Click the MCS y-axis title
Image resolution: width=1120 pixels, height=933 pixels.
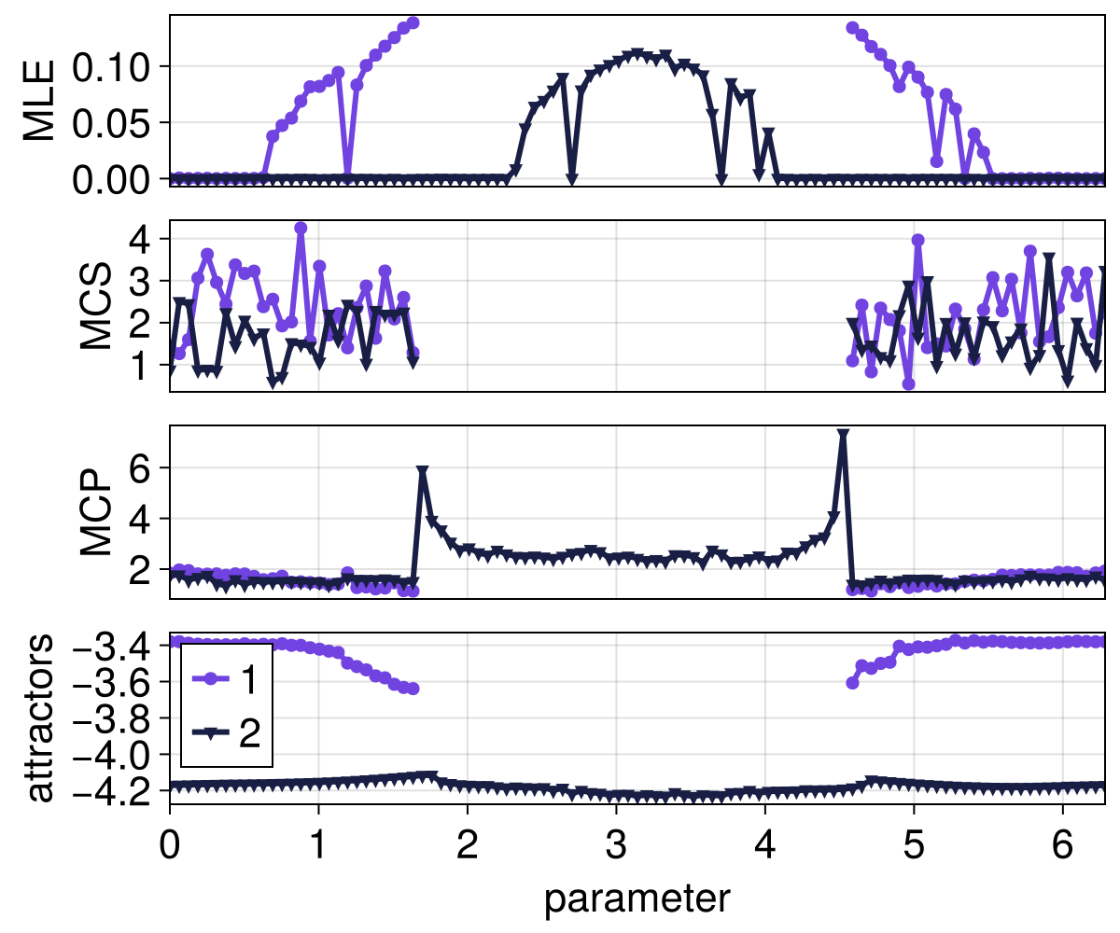(x=96, y=306)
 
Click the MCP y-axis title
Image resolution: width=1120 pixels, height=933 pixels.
(x=96, y=512)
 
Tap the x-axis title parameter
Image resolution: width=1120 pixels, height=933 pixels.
(x=637, y=898)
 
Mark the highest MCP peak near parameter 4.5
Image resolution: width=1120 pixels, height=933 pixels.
(x=843, y=435)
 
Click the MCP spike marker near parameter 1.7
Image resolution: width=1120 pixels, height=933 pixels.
(x=423, y=472)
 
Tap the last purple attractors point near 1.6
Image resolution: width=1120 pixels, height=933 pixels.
(x=413, y=689)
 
